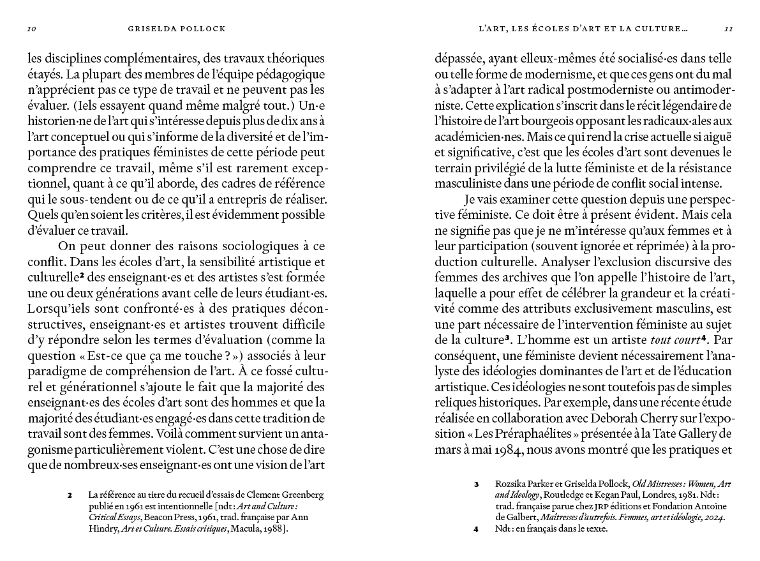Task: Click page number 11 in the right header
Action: point(729,29)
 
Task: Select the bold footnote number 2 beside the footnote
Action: point(70,495)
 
